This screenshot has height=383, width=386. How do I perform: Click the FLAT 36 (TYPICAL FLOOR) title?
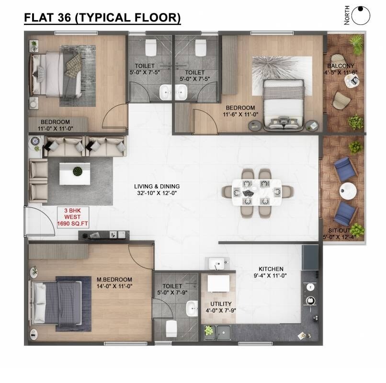coord(102,18)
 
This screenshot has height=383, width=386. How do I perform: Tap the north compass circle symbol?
coord(361,15)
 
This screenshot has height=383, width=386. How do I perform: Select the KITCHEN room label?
coord(271,269)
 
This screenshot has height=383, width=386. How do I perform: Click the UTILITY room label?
coord(221,304)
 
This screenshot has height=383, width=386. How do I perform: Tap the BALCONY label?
coord(341,66)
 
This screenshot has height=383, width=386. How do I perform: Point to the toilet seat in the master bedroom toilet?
coord(171,328)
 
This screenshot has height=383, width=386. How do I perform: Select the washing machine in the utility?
coord(220,285)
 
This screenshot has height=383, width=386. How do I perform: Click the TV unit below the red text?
coord(104,235)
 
